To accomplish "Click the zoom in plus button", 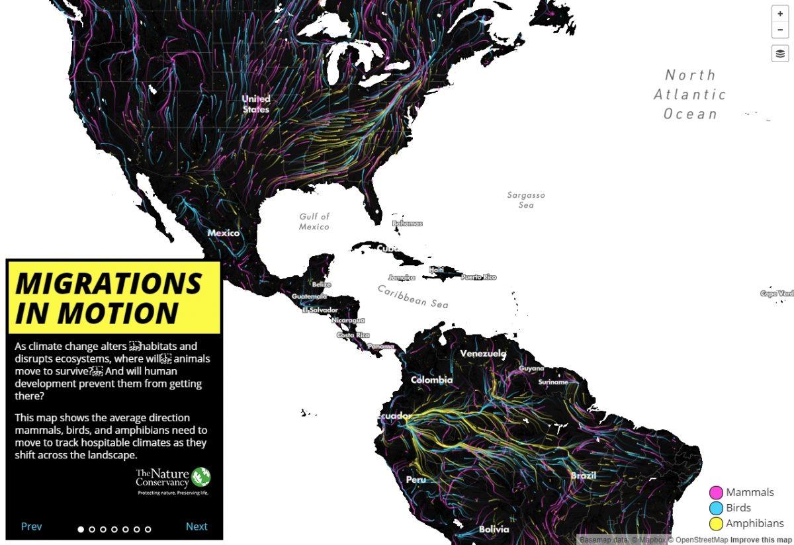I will tap(780, 14).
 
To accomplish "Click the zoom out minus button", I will tap(780, 30).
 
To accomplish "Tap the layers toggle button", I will tap(780, 54).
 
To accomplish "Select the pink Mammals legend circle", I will tap(715, 493).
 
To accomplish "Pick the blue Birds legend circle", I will tap(715, 508).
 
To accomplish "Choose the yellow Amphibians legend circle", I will tap(715, 524).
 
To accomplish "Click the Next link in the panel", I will tap(197, 526).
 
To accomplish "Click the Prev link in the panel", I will tap(31, 526).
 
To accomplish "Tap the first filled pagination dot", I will tap(81, 529).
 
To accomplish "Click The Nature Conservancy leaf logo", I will tap(201, 476).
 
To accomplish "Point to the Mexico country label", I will tap(223, 233).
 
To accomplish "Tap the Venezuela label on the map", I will tap(483, 354).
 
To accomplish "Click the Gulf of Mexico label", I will tap(314, 222).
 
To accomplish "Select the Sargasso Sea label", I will tap(526, 200).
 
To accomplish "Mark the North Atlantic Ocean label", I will tap(690, 95).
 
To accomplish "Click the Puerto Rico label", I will tap(478, 277).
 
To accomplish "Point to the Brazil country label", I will tap(584, 476).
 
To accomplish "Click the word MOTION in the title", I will tap(97, 313).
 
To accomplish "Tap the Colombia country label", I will tap(431, 380).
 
